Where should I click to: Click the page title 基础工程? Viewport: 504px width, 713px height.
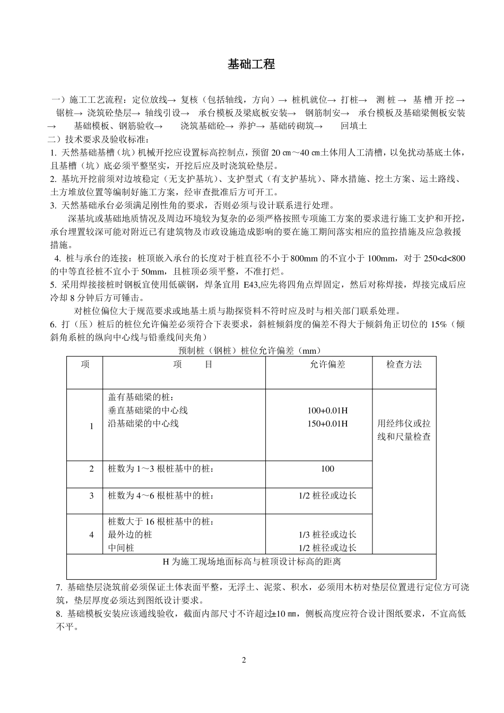[x=251, y=65]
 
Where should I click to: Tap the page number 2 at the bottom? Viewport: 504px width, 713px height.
[x=244, y=660]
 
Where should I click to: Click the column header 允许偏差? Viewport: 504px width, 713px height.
[x=327, y=364]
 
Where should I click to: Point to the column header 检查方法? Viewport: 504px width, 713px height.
[x=404, y=364]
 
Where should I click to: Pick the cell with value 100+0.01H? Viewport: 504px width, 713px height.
[x=327, y=411]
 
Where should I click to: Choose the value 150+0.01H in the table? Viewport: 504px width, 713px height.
[x=327, y=423]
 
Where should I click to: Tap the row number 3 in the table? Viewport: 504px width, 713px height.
[x=91, y=495]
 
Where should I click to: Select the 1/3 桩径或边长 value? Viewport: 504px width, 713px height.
[x=327, y=535]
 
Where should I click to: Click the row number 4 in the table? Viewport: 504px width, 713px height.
[x=91, y=535]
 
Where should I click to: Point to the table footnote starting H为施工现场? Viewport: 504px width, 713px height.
[x=251, y=561]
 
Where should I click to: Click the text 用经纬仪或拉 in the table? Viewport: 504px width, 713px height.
[x=404, y=424]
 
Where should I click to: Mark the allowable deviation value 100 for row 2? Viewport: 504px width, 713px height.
[x=327, y=469]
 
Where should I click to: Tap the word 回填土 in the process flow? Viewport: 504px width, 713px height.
[x=354, y=126]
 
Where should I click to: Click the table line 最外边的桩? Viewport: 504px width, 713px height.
[x=130, y=535]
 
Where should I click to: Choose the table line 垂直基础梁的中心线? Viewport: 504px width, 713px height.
[x=147, y=411]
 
